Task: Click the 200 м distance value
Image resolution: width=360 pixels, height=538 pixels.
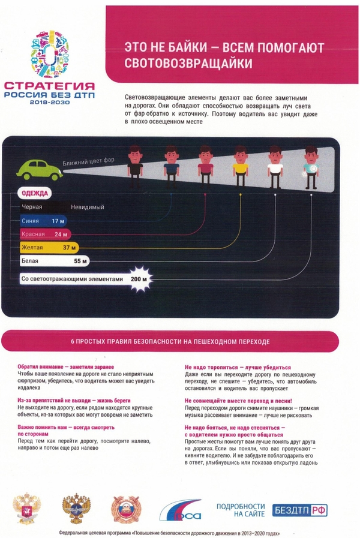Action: click(138, 279)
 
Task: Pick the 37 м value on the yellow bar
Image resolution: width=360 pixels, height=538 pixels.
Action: click(68, 247)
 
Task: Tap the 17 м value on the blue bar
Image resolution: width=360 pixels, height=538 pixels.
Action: click(58, 221)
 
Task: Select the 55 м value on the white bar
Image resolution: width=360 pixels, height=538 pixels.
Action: click(80, 262)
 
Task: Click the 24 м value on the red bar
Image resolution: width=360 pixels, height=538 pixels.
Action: click(61, 234)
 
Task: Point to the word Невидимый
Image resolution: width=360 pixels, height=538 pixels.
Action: click(87, 208)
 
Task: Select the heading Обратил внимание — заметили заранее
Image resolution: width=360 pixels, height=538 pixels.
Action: click(65, 366)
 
